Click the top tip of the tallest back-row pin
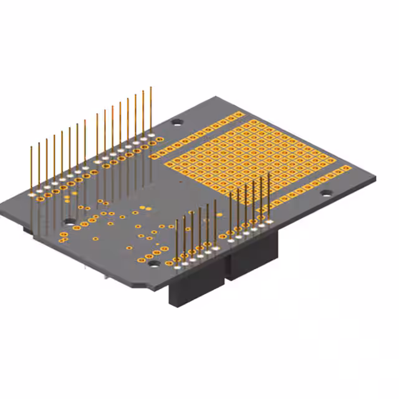click(x=150, y=88)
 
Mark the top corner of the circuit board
click(x=216, y=97)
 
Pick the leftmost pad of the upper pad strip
click(x=154, y=158)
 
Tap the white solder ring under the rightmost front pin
click(x=269, y=221)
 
